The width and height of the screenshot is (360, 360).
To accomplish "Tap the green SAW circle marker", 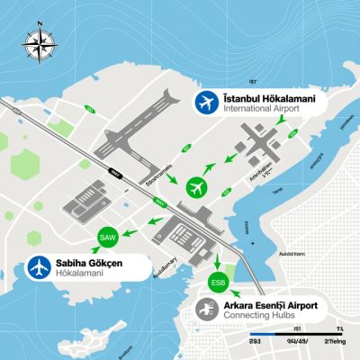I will pos(106,236).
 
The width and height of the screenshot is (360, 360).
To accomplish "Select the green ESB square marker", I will pos(218,281).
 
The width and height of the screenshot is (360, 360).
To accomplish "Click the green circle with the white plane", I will pos(197,187).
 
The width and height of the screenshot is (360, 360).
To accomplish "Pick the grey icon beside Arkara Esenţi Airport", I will pos(206,310).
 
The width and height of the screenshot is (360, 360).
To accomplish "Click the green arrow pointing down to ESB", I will pos(218,259).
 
